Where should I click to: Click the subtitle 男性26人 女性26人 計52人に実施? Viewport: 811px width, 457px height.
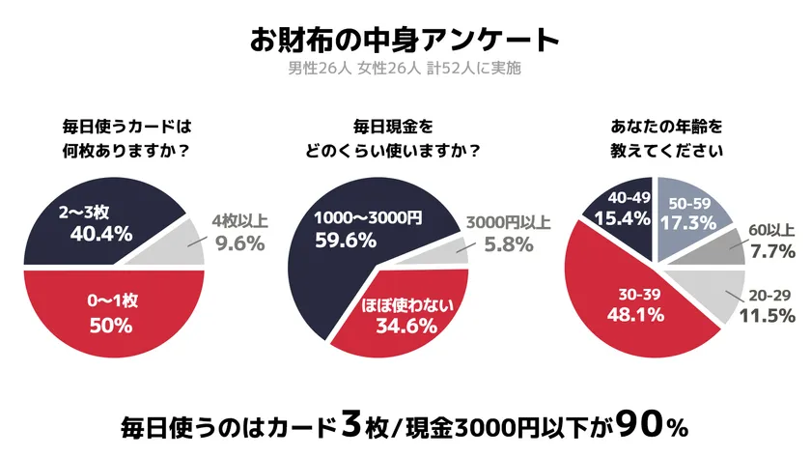tap(405, 70)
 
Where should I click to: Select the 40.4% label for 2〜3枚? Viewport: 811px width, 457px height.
tap(93, 233)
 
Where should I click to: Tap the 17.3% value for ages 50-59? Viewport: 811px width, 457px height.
tap(689, 222)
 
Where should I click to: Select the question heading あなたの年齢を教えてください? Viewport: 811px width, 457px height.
tap(666, 138)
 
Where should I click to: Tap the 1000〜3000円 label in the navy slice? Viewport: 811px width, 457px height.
tap(370, 217)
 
